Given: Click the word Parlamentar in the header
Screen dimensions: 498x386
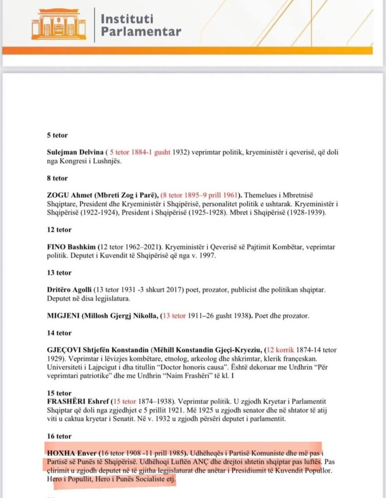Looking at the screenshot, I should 140,32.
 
